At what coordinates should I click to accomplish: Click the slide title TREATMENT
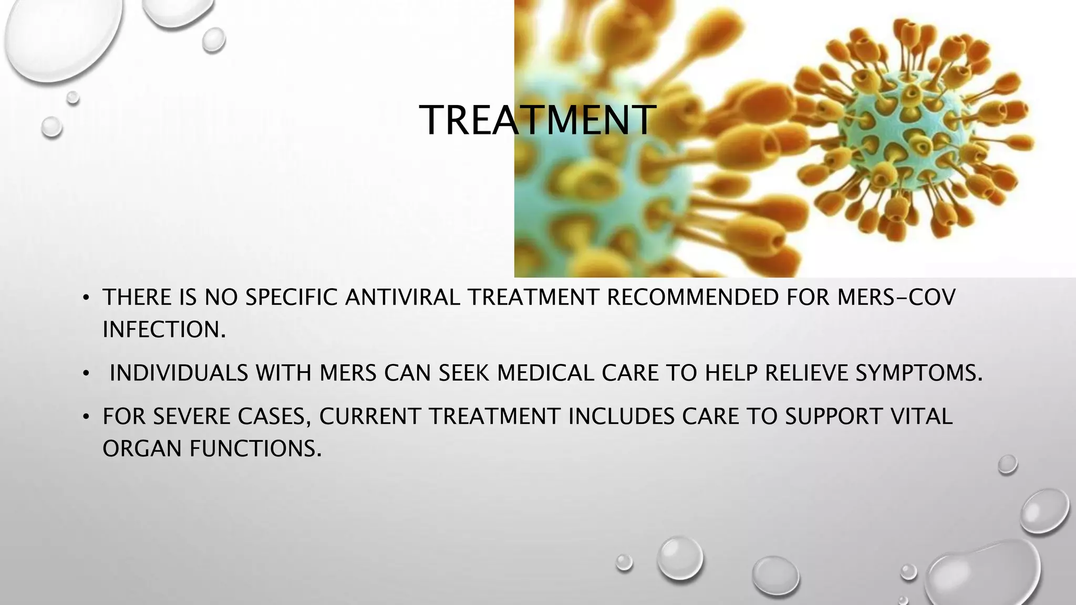point(537,120)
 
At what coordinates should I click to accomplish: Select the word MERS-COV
point(896,298)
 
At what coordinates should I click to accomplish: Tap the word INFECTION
point(164,330)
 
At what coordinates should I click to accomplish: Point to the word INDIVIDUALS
point(179,373)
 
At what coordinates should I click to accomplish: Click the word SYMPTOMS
point(919,373)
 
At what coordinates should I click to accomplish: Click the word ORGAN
point(142,449)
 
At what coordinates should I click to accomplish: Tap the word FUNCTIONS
point(255,449)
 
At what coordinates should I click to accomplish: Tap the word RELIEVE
point(806,373)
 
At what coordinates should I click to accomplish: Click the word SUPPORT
point(833,416)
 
